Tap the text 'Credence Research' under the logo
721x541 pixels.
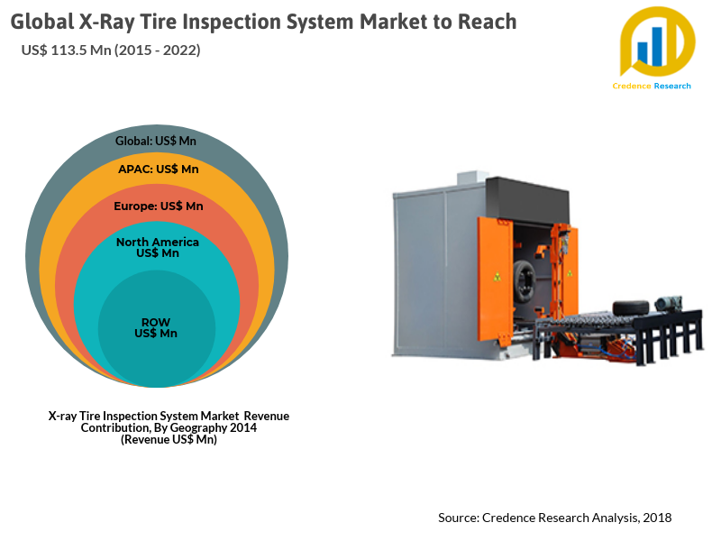[652, 86]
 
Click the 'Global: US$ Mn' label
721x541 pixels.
[156, 141]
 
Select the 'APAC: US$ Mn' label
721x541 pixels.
[159, 169]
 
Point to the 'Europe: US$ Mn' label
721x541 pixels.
[159, 206]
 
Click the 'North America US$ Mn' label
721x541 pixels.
[158, 247]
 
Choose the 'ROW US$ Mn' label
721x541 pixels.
[156, 327]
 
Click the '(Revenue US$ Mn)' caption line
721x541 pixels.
[169, 439]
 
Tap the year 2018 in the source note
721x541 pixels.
[658, 518]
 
